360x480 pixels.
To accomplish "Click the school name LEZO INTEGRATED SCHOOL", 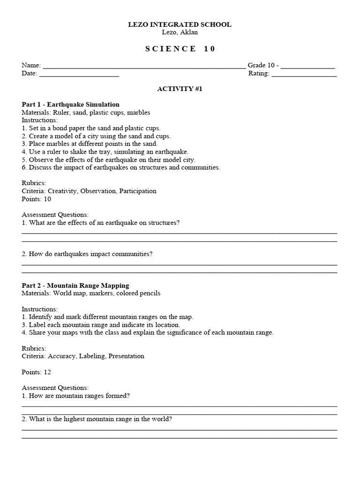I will click(x=180, y=24).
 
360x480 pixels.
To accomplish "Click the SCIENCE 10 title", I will click(x=180, y=49).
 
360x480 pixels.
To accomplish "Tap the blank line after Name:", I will click(x=143, y=66).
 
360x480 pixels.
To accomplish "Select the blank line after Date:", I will click(x=79, y=74).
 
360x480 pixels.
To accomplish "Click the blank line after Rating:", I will click(x=304, y=74).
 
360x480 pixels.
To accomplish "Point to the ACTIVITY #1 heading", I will click(x=180, y=89).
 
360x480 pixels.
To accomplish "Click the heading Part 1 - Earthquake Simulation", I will click(x=70, y=105).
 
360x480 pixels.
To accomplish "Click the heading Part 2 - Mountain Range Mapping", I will click(x=75, y=285).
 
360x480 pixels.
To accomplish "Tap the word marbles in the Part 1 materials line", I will click(x=139, y=112).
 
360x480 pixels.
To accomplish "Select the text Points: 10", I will click(x=36, y=199).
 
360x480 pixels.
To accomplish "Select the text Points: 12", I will click(x=36, y=372).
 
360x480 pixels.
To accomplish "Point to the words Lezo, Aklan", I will click(x=180, y=32).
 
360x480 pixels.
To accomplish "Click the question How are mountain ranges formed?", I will click(x=75, y=396).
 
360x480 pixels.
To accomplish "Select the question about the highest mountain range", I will click(x=97, y=419).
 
